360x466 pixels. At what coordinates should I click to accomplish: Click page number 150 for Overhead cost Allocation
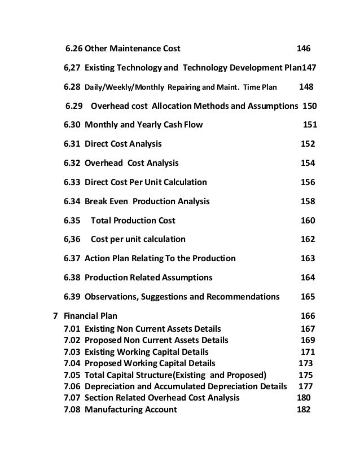tap(310, 106)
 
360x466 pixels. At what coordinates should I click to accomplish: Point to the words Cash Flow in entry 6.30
tap(182, 125)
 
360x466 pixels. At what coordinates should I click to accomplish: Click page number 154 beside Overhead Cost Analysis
tap(308, 163)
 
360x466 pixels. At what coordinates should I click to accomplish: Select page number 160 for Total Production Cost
tap(308, 220)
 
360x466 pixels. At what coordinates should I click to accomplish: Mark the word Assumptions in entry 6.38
tap(186, 278)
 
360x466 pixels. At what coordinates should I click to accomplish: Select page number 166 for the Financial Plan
tap(308, 316)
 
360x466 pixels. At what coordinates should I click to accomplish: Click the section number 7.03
tap(72, 351)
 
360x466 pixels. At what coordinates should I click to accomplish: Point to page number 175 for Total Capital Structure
tap(305, 375)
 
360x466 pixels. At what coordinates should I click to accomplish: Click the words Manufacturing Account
tap(130, 410)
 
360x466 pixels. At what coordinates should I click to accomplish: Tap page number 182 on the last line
tap(304, 410)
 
